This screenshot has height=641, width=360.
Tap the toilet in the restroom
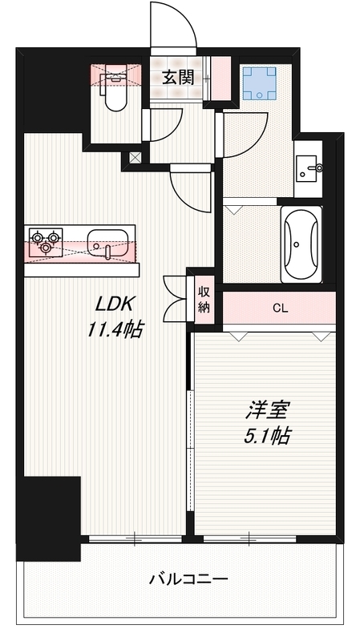(x=115, y=91)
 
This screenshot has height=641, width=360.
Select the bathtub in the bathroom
(x=301, y=244)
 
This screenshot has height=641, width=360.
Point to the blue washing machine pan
(x=259, y=83)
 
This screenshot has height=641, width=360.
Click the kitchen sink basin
(x=107, y=241)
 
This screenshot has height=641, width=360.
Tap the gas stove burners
(x=45, y=241)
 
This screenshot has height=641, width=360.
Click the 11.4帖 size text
(x=115, y=329)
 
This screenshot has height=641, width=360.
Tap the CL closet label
(x=279, y=307)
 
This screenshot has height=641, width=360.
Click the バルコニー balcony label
(x=189, y=579)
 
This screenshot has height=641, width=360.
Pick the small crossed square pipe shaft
(x=134, y=158)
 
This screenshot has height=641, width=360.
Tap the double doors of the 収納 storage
(x=176, y=299)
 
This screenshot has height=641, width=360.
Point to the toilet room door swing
(x=162, y=124)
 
